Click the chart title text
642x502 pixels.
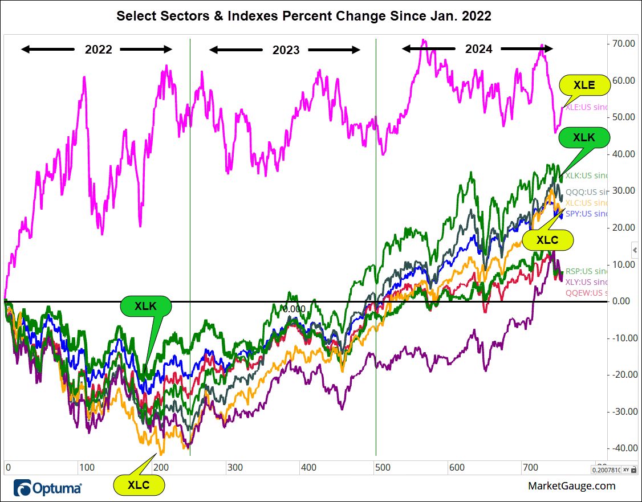(x=304, y=16)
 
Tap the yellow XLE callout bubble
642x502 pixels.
(x=584, y=85)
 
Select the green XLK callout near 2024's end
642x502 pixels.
(x=584, y=137)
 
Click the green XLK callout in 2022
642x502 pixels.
(x=145, y=305)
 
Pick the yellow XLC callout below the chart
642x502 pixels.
(x=139, y=485)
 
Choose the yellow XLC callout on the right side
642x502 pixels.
(x=547, y=240)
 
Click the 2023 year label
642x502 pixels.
(x=286, y=50)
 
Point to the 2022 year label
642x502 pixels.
(x=99, y=50)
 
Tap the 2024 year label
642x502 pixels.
(x=478, y=49)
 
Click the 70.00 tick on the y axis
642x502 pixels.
(x=624, y=44)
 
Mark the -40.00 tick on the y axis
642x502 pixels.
(x=624, y=448)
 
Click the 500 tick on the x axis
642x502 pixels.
(x=383, y=468)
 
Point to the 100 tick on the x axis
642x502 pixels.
(x=86, y=468)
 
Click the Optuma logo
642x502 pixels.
(x=48, y=488)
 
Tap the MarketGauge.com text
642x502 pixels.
(x=572, y=486)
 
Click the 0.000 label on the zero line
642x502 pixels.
(x=294, y=309)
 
